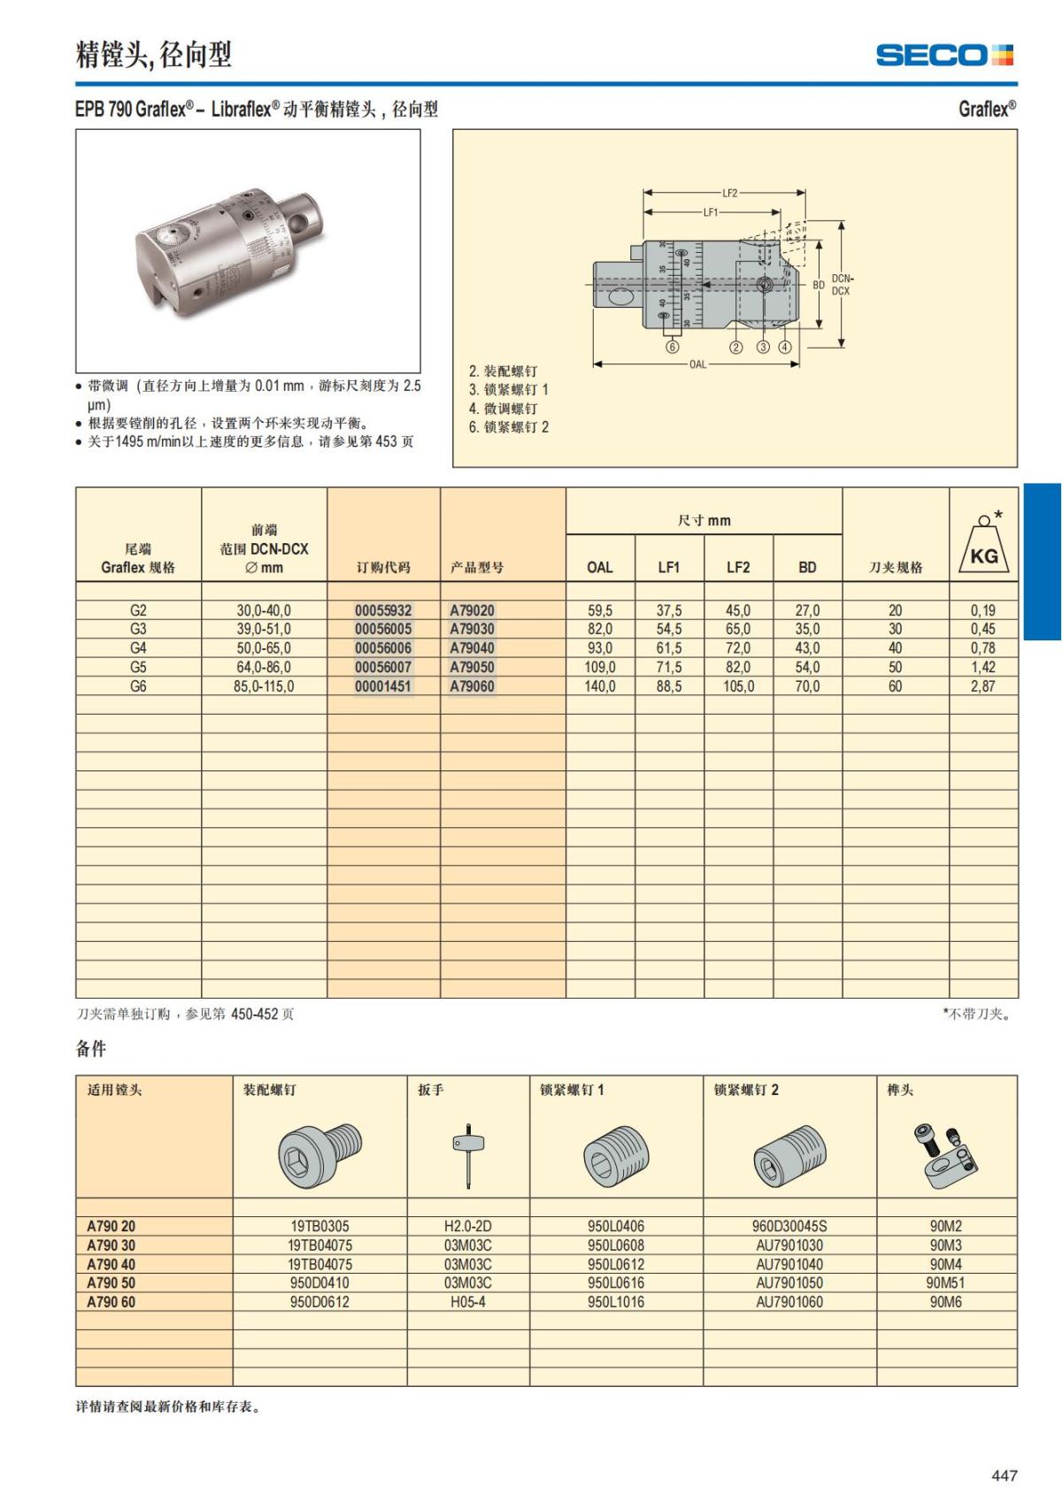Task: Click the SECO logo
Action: point(944,55)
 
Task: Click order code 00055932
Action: point(383,610)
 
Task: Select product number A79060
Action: point(472,686)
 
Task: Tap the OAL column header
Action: point(600,567)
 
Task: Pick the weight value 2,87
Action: point(982,686)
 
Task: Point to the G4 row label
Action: point(138,648)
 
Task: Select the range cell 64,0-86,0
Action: point(264,667)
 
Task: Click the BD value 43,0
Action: point(807,648)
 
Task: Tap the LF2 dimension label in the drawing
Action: point(729,193)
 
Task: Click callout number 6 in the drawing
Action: point(672,347)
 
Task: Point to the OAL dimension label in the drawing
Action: point(697,364)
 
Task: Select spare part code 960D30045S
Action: point(789,1226)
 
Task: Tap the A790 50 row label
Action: point(112,1283)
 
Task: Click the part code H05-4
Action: point(467,1302)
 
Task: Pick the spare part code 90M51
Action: point(945,1283)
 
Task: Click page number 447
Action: point(1004,1475)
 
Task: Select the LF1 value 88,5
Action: point(669,686)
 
